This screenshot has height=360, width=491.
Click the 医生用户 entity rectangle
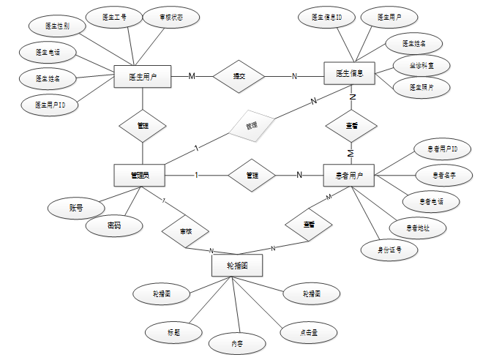click(x=143, y=76)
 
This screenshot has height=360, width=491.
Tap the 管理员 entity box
click(x=139, y=175)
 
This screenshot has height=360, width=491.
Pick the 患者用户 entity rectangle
click(x=348, y=176)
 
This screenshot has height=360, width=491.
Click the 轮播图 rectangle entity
click(x=236, y=266)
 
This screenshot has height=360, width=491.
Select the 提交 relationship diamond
click(x=239, y=76)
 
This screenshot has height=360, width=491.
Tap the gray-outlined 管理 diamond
click(x=252, y=127)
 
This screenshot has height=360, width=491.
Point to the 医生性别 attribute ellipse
click(x=57, y=26)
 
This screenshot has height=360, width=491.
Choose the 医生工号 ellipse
click(x=113, y=15)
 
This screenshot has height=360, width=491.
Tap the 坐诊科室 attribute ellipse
click(x=416, y=65)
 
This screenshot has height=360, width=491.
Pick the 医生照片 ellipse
click(x=416, y=87)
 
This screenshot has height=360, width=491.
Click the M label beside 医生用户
click(x=192, y=76)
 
